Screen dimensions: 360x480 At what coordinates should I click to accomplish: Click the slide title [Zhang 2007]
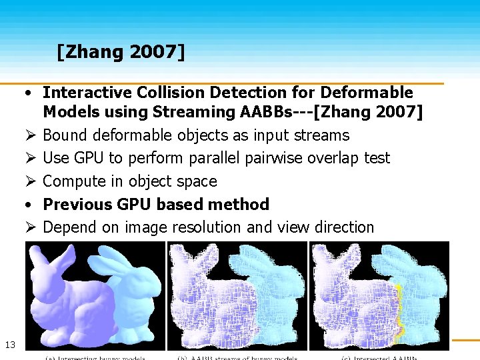point(120,51)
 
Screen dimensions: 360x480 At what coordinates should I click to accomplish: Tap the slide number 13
point(10,344)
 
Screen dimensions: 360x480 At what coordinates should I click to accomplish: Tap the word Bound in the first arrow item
point(65,135)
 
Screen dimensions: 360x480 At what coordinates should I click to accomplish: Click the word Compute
point(73,181)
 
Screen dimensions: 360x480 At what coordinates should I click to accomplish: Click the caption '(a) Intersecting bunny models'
point(96,357)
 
